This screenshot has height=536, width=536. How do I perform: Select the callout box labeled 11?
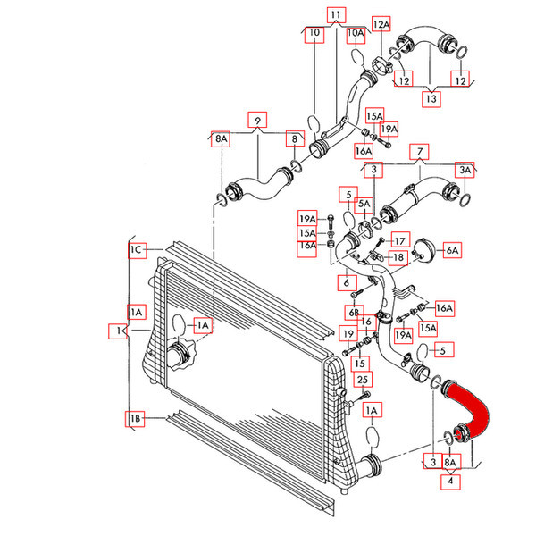pos(337,15)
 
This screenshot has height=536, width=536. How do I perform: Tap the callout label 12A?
pos(381,23)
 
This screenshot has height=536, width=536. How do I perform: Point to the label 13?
pos(431,99)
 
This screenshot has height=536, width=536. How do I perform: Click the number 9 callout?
pos(257,120)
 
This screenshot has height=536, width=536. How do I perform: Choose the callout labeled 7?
pos(419,152)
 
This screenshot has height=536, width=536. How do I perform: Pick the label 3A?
pos(465,170)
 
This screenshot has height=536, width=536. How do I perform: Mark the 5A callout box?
pos(364,204)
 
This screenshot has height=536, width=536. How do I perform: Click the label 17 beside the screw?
pos(400,241)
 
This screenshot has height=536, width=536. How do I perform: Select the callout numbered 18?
pos(398,257)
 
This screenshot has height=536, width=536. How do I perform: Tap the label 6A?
pos(453,250)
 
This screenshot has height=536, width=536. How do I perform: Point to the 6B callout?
pos(354,313)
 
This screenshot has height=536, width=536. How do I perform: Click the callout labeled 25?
pos(363,380)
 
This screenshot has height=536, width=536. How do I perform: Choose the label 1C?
pos(137,250)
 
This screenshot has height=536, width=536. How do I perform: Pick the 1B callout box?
pos(135,418)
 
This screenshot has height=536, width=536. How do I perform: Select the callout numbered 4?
pos(450,482)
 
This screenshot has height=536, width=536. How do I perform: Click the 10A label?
pos(356,34)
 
